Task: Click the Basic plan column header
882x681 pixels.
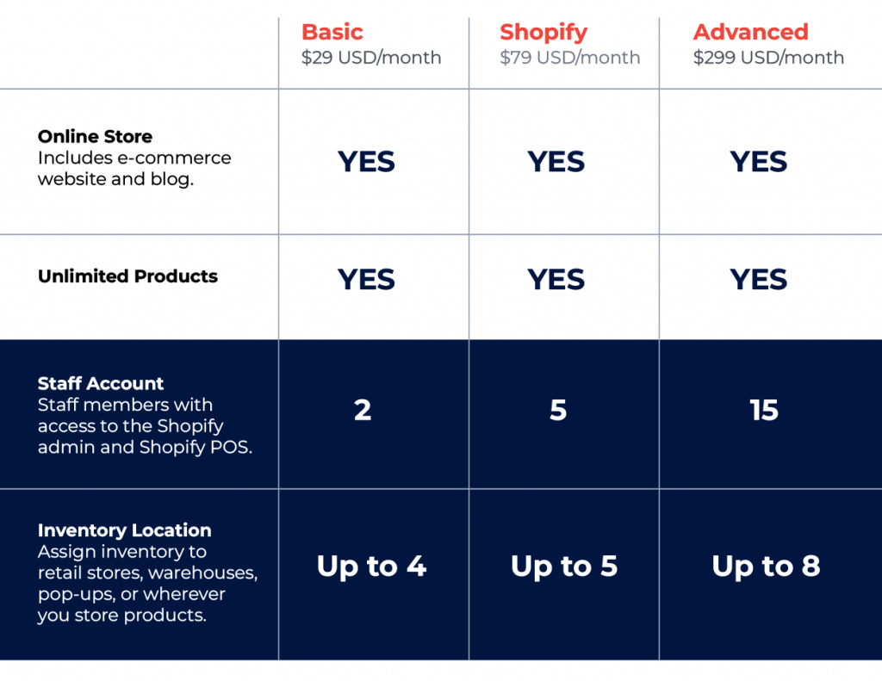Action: coord(332,33)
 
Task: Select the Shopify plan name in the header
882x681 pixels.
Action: coord(543,33)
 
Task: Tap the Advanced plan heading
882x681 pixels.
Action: coord(750,33)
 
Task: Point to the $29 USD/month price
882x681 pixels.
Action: coord(370,59)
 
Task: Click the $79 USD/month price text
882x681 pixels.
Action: coord(569,59)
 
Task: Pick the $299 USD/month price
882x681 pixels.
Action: coord(768,59)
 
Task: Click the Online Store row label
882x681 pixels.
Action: coord(95,137)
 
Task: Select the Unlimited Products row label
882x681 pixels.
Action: coord(127,276)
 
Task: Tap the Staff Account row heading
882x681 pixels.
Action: coord(101,384)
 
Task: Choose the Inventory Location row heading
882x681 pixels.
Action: coord(124,530)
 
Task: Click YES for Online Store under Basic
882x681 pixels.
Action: coord(366,162)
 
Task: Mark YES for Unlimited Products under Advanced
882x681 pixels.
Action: coord(758,280)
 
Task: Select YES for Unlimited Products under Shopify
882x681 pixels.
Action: coord(556,280)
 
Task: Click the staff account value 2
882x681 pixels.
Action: coord(363,411)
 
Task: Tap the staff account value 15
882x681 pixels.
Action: coord(763,411)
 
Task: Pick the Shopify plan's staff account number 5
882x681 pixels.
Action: coord(558,411)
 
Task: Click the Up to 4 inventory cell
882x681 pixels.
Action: coord(371,566)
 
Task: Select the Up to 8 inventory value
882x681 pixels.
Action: coord(766,566)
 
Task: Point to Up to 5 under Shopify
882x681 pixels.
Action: coord(563,566)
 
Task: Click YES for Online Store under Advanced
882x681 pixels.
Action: coord(758,162)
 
